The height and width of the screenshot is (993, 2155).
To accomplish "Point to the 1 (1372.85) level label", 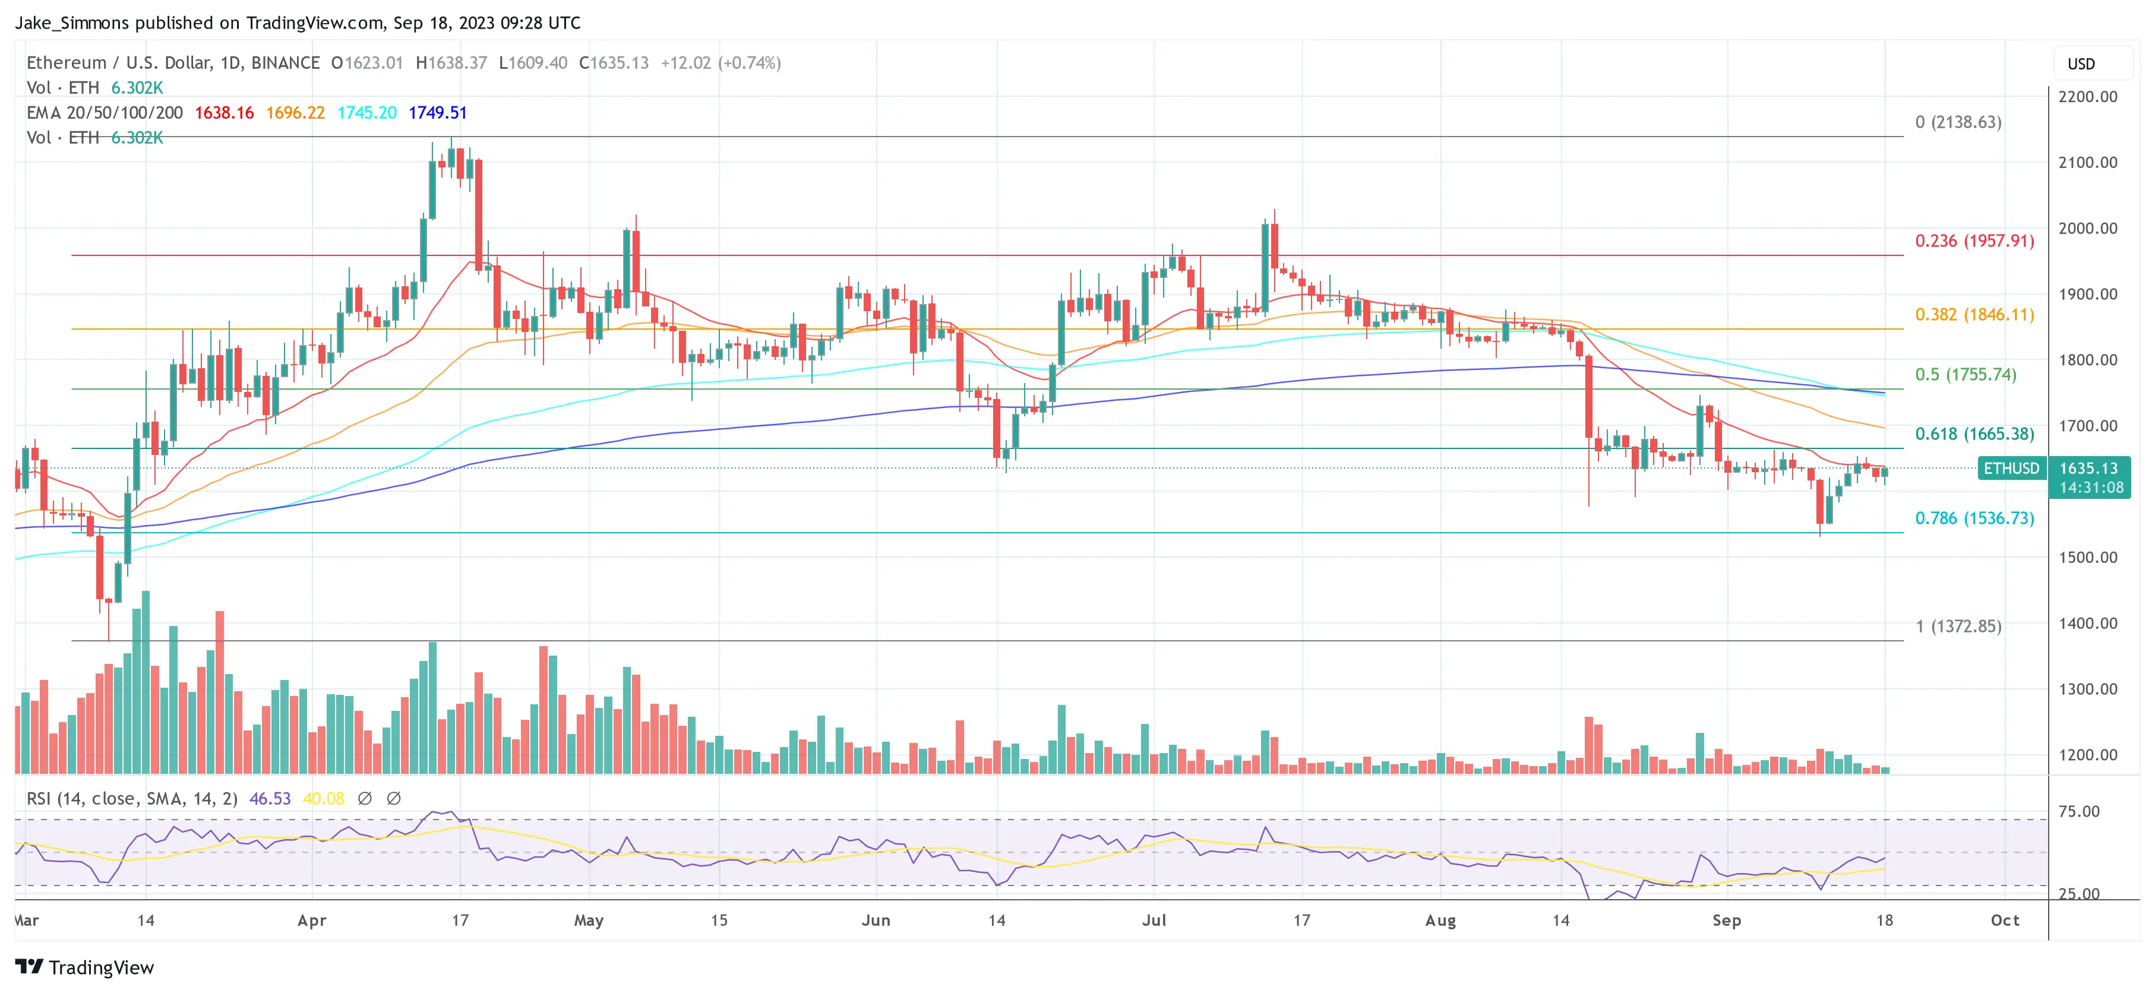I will click(1958, 626).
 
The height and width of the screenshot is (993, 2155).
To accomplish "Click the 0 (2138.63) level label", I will click(1958, 122).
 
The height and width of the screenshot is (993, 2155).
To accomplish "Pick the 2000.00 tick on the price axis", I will click(2087, 229).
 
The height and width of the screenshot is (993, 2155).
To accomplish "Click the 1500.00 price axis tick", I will click(2087, 557).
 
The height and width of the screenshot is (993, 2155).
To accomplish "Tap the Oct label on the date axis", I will click(2004, 920).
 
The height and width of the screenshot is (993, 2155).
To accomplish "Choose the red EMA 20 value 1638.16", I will click(224, 113).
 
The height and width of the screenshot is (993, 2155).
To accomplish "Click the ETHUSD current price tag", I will click(2011, 469).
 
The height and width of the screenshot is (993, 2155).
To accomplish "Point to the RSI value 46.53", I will click(270, 799).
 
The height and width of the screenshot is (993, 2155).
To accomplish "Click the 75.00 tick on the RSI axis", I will click(2078, 811).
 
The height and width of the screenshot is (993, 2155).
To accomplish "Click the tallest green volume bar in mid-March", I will click(146, 682).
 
